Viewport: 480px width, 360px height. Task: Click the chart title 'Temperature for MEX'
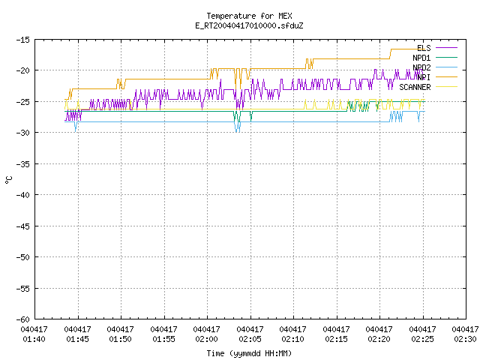(x=249, y=16)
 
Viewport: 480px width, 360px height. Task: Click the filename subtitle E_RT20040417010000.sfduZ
(x=249, y=25)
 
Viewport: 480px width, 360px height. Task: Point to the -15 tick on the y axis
(x=23, y=40)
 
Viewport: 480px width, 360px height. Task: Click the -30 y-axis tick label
(x=23, y=133)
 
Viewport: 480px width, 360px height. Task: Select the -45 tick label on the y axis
(x=23, y=226)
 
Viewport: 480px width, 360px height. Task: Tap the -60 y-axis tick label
(x=23, y=319)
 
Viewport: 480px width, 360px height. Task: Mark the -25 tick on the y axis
(x=23, y=102)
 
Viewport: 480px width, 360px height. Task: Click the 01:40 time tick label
(x=34, y=334)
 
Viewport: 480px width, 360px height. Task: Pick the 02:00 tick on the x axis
(x=207, y=334)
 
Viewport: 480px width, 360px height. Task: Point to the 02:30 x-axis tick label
(x=465, y=334)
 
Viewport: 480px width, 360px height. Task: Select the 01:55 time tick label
(x=163, y=334)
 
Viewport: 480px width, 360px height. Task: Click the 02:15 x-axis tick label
(x=336, y=334)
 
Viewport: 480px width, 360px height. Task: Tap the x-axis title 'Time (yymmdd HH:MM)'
(x=249, y=353)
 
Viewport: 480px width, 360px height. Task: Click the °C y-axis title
(x=9, y=180)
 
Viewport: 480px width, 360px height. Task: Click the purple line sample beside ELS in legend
(x=447, y=48)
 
